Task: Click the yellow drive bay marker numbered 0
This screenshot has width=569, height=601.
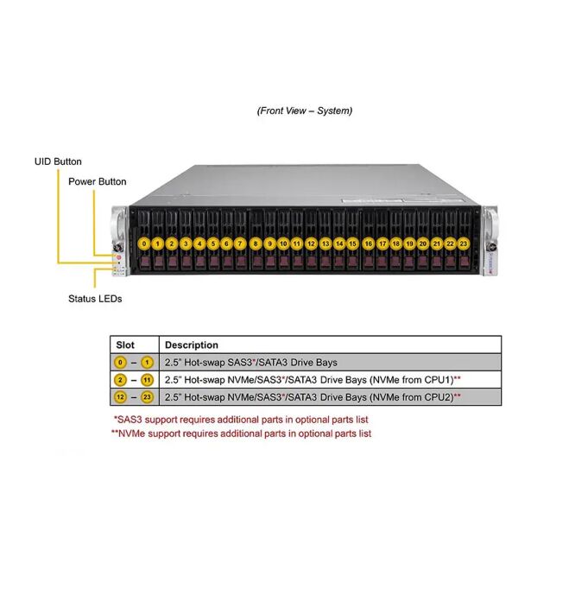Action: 144,244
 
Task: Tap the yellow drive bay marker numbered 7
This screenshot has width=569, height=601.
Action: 240,244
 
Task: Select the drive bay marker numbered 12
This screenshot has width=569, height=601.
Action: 311,244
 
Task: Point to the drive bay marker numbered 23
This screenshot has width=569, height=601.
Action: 464,244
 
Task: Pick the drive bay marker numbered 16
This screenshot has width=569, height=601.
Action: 369,244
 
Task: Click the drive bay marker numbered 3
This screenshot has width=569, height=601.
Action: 186,244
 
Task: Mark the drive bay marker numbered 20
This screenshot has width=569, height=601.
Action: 423,244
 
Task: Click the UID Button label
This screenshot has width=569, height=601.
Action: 58,161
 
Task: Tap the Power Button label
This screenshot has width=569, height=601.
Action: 98,181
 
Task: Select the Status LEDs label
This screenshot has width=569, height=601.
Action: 95,299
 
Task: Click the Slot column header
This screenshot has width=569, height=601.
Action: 125,345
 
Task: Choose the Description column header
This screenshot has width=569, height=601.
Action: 192,345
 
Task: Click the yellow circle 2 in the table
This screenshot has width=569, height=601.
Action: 120,380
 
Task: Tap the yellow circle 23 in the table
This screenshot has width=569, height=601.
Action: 147,397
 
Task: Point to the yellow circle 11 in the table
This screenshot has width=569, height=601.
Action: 147,380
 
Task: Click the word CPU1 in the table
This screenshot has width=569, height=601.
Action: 435,380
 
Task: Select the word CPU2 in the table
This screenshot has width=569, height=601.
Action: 435,397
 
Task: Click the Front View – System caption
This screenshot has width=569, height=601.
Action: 304,111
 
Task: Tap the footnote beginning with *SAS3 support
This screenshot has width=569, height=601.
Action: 241,420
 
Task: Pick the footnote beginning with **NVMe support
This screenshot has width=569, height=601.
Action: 241,433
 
